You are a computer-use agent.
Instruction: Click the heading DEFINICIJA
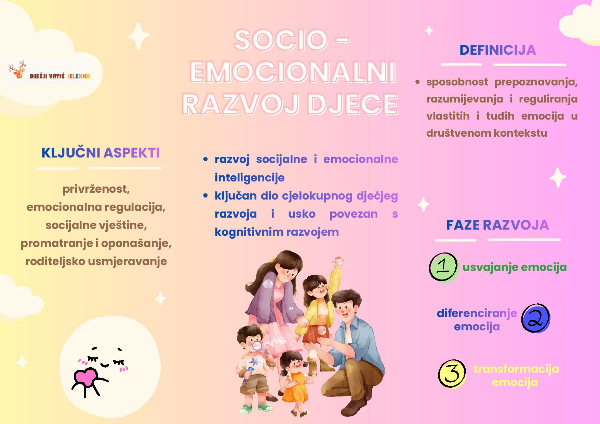click(497, 50)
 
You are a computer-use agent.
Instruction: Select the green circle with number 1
click(443, 267)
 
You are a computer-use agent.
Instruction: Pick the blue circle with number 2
click(535, 318)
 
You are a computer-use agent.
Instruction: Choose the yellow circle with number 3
click(452, 374)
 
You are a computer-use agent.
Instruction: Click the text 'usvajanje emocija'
click(515, 268)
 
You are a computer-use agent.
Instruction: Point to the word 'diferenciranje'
click(477, 314)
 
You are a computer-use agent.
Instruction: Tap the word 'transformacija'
click(516, 369)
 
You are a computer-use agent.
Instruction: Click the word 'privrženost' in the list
click(96, 189)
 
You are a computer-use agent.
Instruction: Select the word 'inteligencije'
click(250, 178)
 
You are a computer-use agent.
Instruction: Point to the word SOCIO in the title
click(281, 40)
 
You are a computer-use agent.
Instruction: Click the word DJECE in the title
click(352, 104)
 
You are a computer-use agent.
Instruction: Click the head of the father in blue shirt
click(346, 305)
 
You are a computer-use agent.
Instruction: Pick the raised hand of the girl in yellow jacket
click(338, 262)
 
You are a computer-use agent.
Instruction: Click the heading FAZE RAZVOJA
click(497, 225)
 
